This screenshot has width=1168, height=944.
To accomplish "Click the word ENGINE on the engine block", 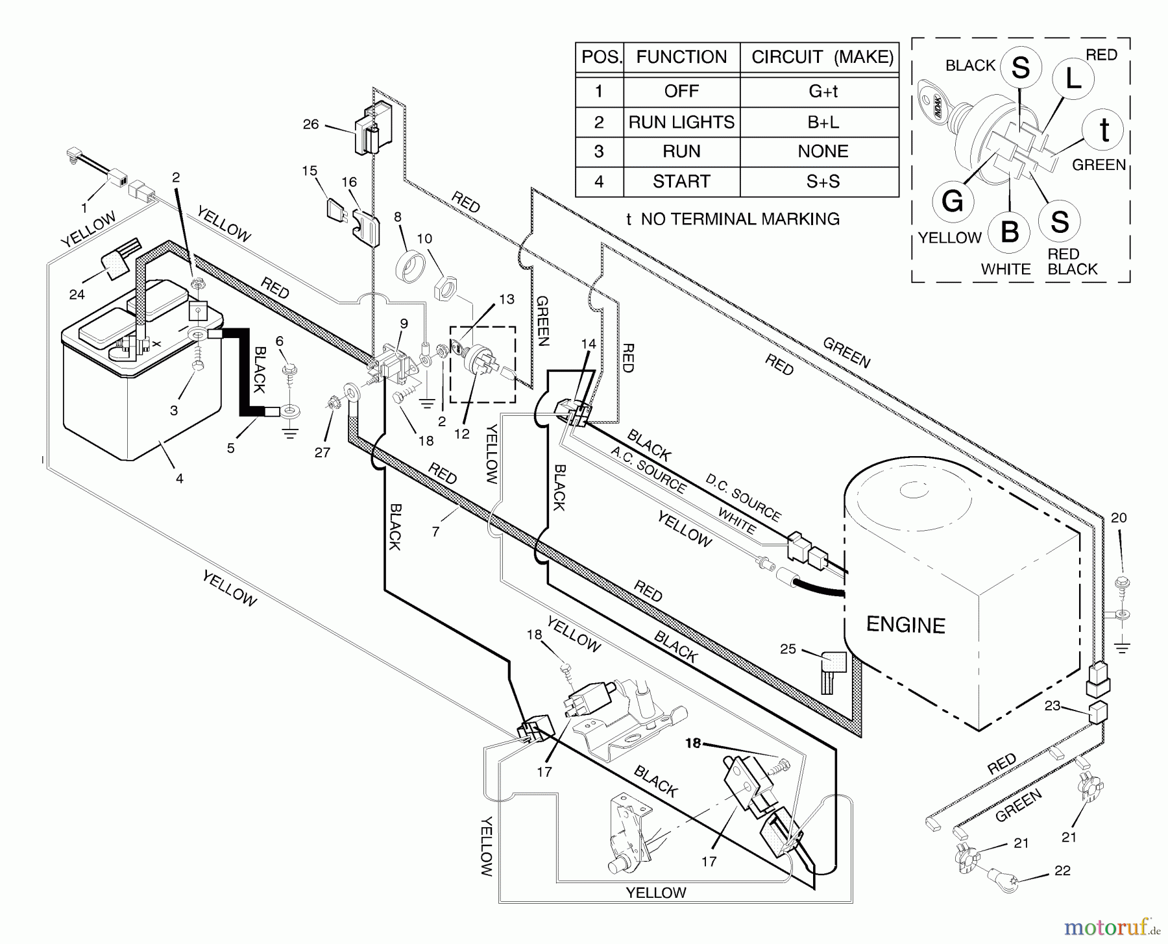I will (x=906, y=625).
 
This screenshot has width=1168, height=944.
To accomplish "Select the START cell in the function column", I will (x=681, y=182).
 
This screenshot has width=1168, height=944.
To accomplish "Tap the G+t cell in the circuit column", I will (x=823, y=91).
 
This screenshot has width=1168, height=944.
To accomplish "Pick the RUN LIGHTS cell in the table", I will (x=681, y=122).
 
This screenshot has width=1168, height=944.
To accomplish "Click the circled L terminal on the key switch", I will (x=1073, y=79).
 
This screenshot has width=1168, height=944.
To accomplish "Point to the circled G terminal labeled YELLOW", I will (x=953, y=201).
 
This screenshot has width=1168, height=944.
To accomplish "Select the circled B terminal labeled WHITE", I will (x=1010, y=232).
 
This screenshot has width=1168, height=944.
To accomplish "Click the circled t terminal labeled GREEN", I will (x=1104, y=130).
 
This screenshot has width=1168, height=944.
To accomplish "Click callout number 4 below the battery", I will (x=180, y=479).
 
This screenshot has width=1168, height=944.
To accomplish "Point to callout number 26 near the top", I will (x=311, y=124).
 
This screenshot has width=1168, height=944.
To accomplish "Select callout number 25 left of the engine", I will (x=788, y=649).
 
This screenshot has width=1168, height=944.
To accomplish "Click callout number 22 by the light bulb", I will (x=1062, y=871).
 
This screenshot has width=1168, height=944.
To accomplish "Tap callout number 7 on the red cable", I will (x=436, y=531).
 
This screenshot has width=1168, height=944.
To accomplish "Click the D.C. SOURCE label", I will (x=744, y=498).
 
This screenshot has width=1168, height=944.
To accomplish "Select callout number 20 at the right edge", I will (x=1119, y=518).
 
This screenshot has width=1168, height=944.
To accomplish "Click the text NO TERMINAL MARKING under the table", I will (x=740, y=219).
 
